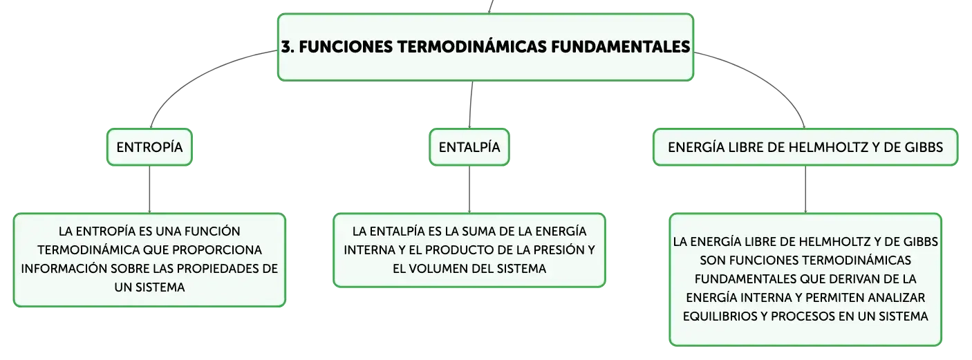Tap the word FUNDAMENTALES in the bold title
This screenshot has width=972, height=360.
(621, 47)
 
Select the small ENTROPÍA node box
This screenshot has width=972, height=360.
(149, 147)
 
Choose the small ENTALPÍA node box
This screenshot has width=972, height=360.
(469, 147)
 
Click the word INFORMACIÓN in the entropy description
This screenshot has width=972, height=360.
(64, 269)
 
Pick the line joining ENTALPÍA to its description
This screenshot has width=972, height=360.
(469, 189)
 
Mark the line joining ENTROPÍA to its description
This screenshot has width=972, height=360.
(149, 189)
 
